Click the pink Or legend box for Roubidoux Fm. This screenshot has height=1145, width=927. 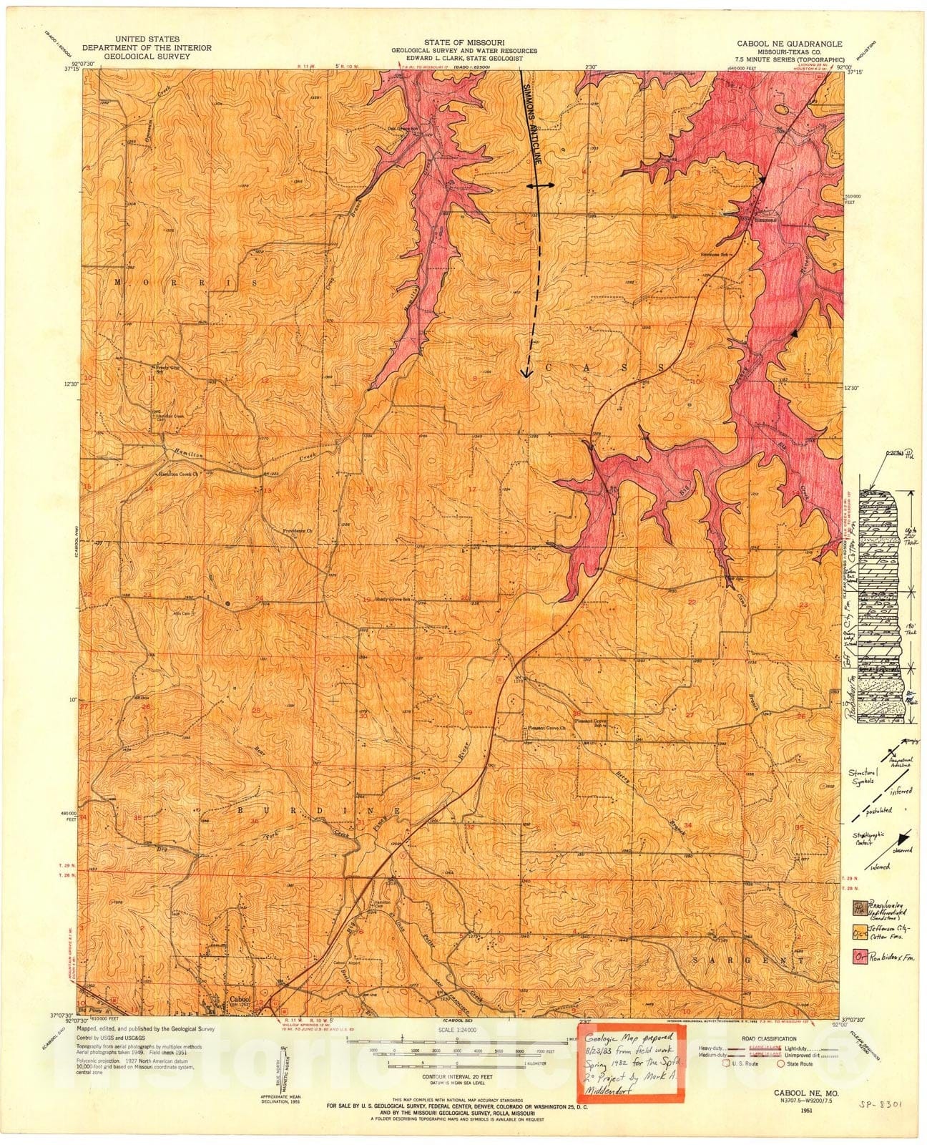tap(856, 956)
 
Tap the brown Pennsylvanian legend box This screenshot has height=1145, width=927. tap(856, 907)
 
